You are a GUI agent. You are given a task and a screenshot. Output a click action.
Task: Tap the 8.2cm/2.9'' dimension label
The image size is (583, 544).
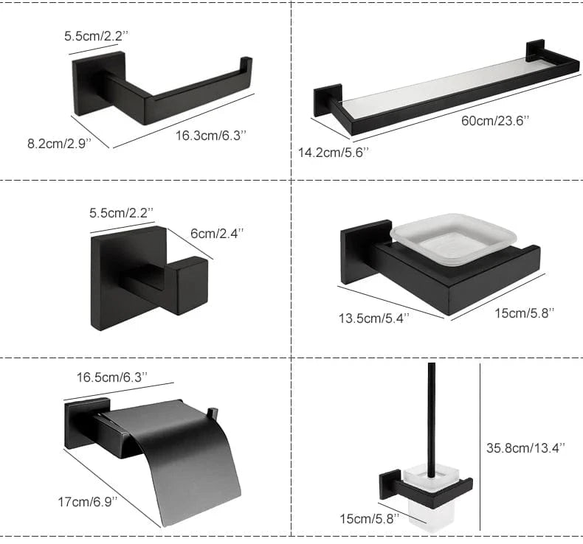pyautogui.click(x=58, y=143)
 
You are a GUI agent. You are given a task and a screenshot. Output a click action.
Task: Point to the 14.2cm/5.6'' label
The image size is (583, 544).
pyautogui.click(x=333, y=152)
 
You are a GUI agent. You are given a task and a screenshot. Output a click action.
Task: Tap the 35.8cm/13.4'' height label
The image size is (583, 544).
pyautogui.click(x=526, y=446)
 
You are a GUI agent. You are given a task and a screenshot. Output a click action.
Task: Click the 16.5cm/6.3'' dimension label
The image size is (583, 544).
pyautogui.click(x=112, y=376)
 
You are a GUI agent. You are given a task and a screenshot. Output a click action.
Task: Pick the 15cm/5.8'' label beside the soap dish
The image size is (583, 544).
pyautogui.click(x=523, y=313)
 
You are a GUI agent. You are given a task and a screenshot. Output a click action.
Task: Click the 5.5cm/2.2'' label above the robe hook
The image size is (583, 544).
pyautogui.click(x=121, y=213)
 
